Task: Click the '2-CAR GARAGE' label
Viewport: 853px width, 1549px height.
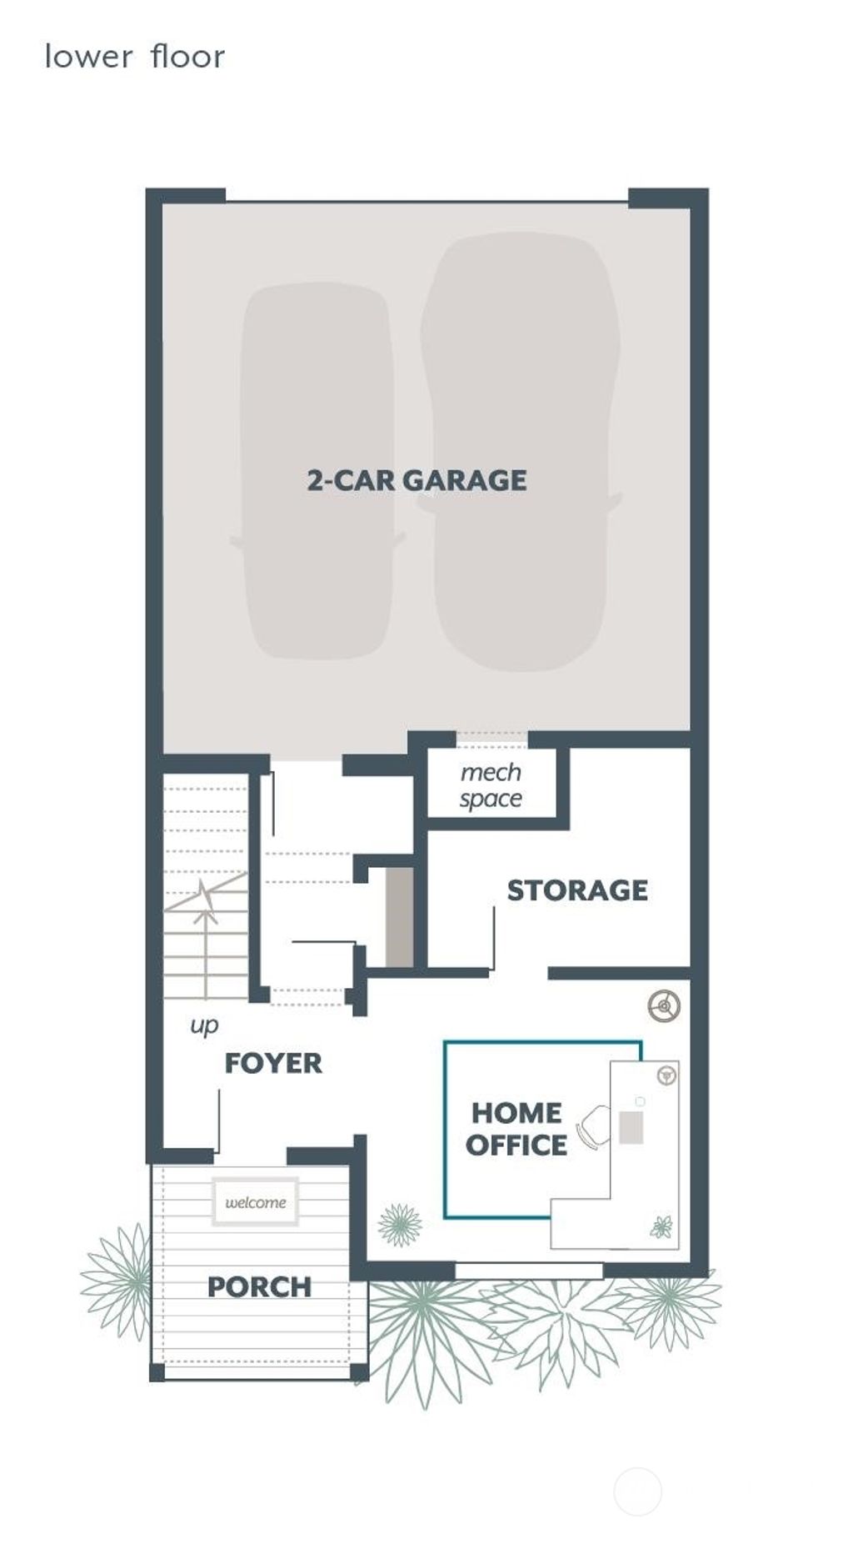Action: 417,480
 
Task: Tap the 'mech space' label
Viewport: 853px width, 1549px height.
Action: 491,785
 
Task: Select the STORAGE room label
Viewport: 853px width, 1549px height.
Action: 577,890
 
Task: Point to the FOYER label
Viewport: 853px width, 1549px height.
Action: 273,1063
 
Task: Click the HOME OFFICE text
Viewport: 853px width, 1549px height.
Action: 516,1129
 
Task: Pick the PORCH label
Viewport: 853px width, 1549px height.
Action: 259,1286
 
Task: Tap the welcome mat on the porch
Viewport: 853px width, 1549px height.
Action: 255,1201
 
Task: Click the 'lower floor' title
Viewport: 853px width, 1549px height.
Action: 135,57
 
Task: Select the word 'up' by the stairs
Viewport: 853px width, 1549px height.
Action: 204,1025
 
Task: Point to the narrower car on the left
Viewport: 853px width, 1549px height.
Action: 317,471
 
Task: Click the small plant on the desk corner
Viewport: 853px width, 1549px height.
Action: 661,1227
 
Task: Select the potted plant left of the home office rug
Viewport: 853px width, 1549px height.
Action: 400,1225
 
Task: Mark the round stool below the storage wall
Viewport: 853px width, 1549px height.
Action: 664,1005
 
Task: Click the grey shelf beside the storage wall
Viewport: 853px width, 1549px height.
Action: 400,917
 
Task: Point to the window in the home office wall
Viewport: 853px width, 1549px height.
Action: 528,1271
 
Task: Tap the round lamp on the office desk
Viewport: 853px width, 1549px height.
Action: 666,1075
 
